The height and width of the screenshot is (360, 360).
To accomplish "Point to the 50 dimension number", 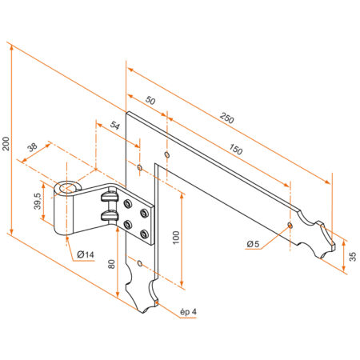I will tap(150, 101).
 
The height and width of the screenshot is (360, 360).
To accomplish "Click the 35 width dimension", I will tap(353, 256).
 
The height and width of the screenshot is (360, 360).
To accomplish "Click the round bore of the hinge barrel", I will tap(67, 189).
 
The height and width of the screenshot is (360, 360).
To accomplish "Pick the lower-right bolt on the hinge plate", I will tap(144, 234).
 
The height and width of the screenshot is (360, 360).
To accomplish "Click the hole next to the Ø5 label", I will tap(290, 226).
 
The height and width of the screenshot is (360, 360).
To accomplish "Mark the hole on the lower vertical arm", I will tap(139, 263).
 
